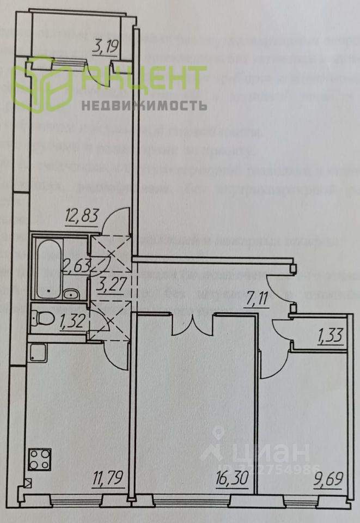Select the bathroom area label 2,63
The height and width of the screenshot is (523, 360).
76,266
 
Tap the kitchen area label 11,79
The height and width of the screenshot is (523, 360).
107,479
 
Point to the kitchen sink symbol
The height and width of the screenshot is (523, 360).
38,354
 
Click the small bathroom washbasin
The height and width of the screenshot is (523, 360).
71,295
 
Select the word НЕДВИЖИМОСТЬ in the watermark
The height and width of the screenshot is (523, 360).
144,105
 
